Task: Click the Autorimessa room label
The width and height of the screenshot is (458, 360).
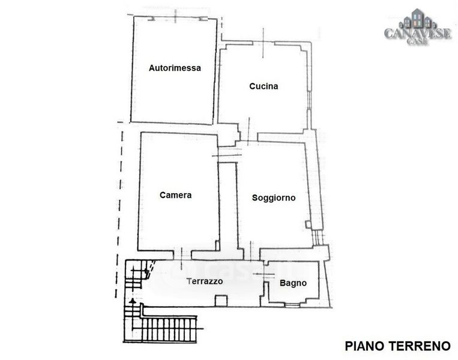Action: click(x=174, y=68)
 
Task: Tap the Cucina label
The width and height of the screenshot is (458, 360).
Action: click(x=264, y=86)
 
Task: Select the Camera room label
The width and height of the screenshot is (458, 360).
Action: click(x=175, y=195)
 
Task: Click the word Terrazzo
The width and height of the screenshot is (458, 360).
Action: click(x=205, y=281)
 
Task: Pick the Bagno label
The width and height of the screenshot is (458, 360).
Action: click(x=294, y=283)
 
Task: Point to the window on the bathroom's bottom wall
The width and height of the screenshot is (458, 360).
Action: click(x=292, y=304)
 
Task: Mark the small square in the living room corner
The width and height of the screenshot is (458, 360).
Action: click(x=308, y=224)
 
